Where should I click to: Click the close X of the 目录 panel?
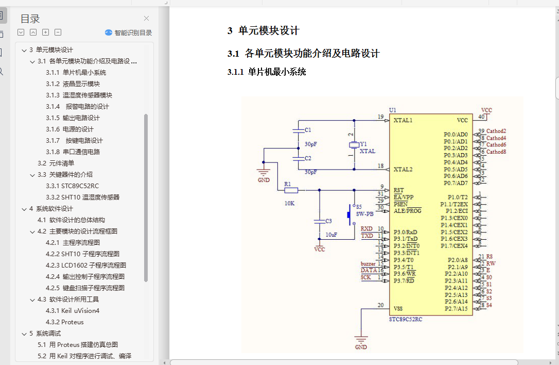tap(147, 19)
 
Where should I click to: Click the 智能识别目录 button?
tap(129, 32)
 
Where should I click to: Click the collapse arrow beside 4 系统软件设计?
tap(24, 209)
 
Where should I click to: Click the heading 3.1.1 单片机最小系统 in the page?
tap(267, 72)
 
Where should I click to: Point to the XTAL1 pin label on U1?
tap(403, 120)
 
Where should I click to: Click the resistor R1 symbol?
tap(291, 190)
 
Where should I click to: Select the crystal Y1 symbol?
tap(353, 145)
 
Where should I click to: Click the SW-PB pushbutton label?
tap(364, 213)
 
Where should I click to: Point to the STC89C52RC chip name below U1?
tap(406, 319)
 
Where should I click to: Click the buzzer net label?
tap(368, 263)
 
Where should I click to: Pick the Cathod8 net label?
tap(496, 152)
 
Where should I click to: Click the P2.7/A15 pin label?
tap(456, 308)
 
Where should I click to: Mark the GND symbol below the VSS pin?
tap(361, 342)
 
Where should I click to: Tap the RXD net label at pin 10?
tap(366, 228)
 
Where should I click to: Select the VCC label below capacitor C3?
tap(320, 249)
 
